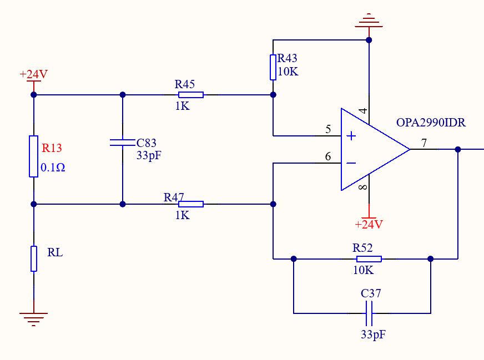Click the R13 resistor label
pos(52,148)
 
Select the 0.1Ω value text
pos(53,168)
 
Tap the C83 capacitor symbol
pos(123,143)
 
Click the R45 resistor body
pos(191,95)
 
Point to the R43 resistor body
pos(273,67)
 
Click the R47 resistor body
pos(191,204)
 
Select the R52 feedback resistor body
pos(369,259)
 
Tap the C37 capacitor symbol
pos(369,313)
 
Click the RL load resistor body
pos(34,258)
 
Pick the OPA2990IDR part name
pos(431,123)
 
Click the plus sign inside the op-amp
pos(351,136)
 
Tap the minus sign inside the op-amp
pos(351,163)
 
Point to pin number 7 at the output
pos(424,143)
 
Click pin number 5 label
pos(328,129)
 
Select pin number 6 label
pos(328,156)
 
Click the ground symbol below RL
pos(34,319)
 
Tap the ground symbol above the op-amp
pos(369,21)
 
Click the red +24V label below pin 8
pos(369,224)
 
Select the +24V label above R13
pos(34,74)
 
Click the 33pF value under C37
pos(373,334)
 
